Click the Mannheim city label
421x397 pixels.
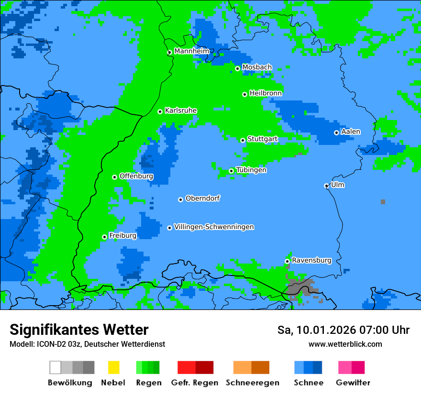pos(191,51)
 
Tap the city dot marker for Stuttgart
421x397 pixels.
pos(243,140)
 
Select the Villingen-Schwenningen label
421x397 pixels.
pos(214,227)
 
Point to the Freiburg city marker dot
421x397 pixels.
pos(104,237)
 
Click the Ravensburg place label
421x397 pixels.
pos(311,261)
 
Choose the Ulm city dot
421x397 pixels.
pos(327,186)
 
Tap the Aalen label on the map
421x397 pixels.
pos(351,132)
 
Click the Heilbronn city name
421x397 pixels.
pos(266,93)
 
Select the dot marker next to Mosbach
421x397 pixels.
pos(237,68)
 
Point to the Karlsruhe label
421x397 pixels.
pos(181,110)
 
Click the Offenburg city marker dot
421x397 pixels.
pos(115,177)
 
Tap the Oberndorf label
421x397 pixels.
pos(203,198)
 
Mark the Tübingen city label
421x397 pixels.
pos(251,170)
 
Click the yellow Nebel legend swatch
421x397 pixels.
pos(113,367)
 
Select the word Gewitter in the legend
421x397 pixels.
pos(353,383)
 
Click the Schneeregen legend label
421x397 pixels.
pos(252,383)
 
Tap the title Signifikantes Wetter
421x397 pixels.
pos(79,330)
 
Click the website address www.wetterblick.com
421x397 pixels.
pos(345,344)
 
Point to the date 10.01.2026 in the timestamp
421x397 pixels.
pos(326,330)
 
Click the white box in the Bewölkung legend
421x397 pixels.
pos(55,367)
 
